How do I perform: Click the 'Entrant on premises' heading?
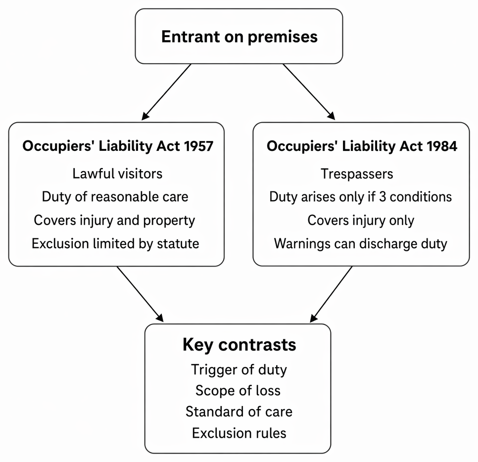(239, 37)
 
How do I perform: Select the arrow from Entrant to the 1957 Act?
(166, 92)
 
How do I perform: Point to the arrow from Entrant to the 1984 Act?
(309, 92)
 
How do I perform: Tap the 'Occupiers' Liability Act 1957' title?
(118, 146)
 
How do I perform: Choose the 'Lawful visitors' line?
(117, 174)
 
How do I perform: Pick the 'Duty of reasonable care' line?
(115, 197)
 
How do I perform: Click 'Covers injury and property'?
(114, 220)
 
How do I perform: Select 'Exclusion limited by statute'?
(115, 243)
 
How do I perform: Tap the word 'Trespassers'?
(357, 174)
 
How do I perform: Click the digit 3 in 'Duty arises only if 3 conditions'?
(382, 197)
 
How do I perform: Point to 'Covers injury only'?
(361, 220)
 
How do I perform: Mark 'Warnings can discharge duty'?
(361, 244)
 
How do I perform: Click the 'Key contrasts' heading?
(239, 345)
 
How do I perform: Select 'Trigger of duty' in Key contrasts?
(239, 370)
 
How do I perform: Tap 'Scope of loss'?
(238, 391)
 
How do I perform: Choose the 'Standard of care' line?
(239, 412)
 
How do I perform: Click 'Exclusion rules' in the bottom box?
(239, 433)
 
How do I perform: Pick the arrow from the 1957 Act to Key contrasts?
(140, 294)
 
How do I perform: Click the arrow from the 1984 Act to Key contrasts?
(331, 294)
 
